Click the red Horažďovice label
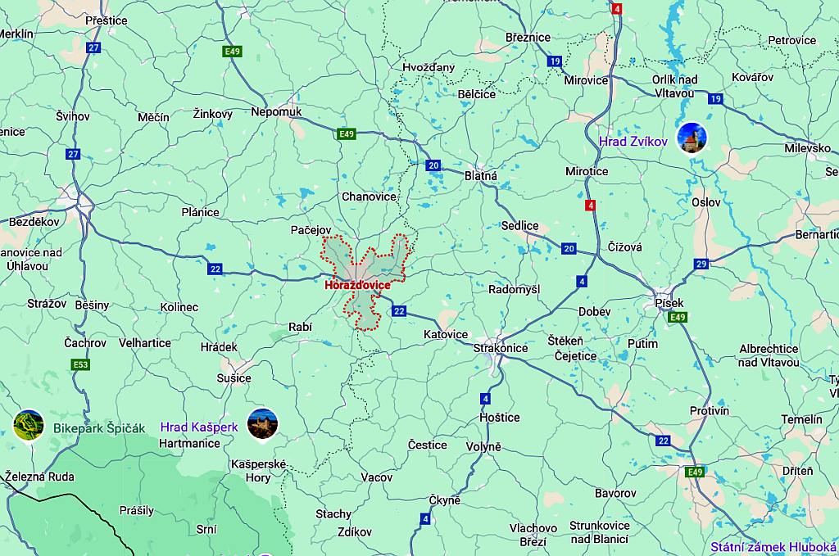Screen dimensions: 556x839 pyautogui.click(x=357, y=286)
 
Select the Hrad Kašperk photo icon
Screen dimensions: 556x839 pyautogui.click(x=262, y=423)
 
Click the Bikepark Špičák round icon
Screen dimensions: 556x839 pyautogui.click(x=29, y=425)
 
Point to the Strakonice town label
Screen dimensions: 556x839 pyautogui.click(x=501, y=348)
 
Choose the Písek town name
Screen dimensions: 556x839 pyautogui.click(x=669, y=303)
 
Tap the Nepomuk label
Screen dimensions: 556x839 pyautogui.click(x=277, y=111)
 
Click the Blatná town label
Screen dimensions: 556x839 pyautogui.click(x=481, y=175)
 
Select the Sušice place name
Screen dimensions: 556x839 pyautogui.click(x=234, y=378)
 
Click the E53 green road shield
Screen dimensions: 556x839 pyautogui.click(x=79, y=364)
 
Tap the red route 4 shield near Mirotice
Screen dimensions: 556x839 pyautogui.click(x=590, y=206)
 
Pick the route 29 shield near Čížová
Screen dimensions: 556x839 pyautogui.click(x=701, y=264)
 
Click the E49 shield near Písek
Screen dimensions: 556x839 pyautogui.click(x=676, y=317)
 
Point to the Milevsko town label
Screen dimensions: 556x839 pyautogui.click(x=807, y=148)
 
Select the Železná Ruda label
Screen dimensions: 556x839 pyautogui.click(x=39, y=477)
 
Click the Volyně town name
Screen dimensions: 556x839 pyautogui.click(x=483, y=447)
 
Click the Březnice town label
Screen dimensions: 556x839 pyautogui.click(x=528, y=38)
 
